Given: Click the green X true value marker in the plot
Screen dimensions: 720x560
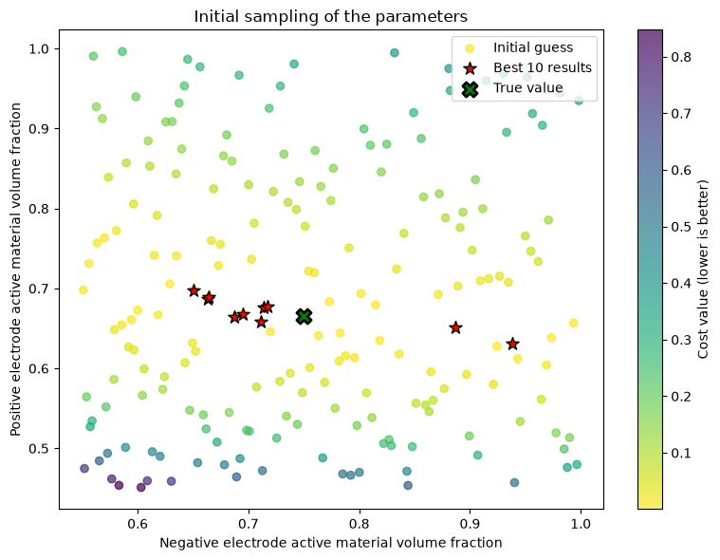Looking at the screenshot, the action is (x=304, y=316).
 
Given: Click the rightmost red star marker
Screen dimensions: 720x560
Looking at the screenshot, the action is (x=513, y=344).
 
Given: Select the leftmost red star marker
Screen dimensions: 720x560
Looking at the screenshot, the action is (x=194, y=290).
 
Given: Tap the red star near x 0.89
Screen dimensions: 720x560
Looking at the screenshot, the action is (x=455, y=327).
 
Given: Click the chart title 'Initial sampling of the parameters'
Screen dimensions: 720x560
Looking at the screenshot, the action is (x=331, y=16).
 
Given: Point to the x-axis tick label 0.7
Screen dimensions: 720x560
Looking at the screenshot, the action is (x=249, y=525).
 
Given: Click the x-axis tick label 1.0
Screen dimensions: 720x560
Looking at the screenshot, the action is (x=581, y=525).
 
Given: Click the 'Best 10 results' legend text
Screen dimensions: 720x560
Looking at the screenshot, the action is (x=543, y=67).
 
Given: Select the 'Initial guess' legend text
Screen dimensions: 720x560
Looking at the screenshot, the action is (x=533, y=47).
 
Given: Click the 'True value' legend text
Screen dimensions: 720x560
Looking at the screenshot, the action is (x=528, y=87).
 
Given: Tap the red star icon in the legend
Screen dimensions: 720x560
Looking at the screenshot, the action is (x=470, y=68).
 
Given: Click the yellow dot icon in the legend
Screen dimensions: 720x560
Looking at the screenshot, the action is (x=470, y=48).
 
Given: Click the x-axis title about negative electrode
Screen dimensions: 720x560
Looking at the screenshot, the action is (x=331, y=543).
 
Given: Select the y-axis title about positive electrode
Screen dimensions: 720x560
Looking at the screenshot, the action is (x=15, y=270).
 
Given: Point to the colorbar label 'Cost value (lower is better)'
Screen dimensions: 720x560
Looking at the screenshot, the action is (x=703, y=270).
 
